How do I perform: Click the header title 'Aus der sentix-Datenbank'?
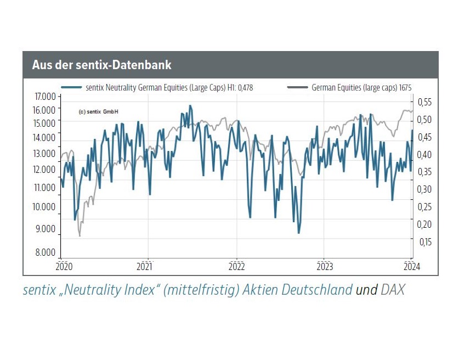[x=101, y=65]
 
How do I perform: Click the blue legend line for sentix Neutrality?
[x=72, y=87]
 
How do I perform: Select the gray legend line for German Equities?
[x=297, y=87]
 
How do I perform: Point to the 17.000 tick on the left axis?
[x=46, y=97]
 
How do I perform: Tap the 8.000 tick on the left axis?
[x=46, y=253]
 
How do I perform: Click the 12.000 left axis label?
[x=46, y=170]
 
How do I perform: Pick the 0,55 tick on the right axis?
[x=425, y=102]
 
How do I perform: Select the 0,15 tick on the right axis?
[x=425, y=241]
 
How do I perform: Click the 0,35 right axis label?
[x=425, y=172]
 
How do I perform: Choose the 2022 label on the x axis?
[x=236, y=267]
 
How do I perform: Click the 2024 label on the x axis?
[x=411, y=267]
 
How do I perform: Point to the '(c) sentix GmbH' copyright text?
[x=99, y=111]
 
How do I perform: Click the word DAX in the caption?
[x=393, y=290]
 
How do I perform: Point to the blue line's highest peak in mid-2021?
[x=190, y=105]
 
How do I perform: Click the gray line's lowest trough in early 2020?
[x=80, y=235]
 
